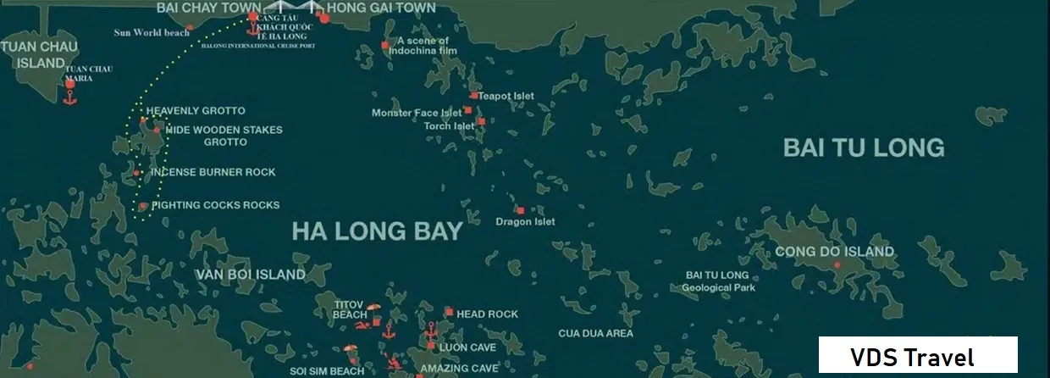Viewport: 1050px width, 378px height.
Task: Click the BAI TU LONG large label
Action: tap(864, 147)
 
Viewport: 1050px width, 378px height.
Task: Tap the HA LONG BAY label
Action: tap(378, 231)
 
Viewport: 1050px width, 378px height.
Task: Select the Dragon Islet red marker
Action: tap(520, 210)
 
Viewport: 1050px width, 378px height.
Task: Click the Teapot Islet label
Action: tap(506, 96)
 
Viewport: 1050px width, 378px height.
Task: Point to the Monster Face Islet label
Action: tap(417, 113)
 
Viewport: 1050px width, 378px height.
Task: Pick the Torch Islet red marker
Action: tap(481, 122)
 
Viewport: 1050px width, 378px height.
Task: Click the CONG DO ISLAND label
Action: tap(834, 252)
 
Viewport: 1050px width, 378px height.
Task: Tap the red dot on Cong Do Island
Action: tap(837, 265)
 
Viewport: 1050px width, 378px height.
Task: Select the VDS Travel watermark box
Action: tap(917, 356)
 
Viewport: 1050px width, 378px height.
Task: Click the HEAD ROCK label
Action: tap(487, 314)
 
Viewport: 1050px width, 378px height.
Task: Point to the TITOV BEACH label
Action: tap(350, 309)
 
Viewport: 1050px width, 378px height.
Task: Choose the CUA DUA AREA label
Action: tap(595, 333)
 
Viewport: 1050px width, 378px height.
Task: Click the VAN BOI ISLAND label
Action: tap(251, 275)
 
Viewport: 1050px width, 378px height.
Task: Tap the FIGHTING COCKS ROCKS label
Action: tap(215, 205)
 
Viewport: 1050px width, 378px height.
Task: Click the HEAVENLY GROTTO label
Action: tap(196, 111)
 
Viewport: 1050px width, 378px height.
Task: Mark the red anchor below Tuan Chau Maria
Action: tap(70, 101)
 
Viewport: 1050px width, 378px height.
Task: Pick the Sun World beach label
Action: tap(152, 33)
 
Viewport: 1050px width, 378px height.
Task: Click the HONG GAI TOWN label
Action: tap(381, 8)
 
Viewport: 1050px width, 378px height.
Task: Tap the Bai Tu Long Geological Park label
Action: tap(716, 281)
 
